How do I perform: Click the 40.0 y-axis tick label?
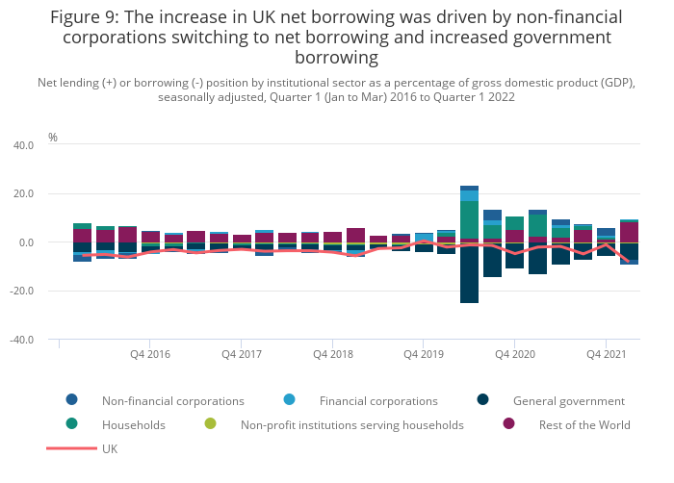pos(22,145)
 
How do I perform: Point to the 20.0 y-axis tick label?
pos(22,194)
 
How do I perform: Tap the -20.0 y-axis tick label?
pos(21,292)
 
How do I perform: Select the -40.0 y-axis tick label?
pos(21,341)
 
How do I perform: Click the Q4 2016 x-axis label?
pos(150,355)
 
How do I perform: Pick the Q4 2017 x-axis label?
pos(242,355)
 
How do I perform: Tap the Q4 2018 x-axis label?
pos(332,355)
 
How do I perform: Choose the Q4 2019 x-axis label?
pos(424,355)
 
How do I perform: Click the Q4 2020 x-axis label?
pos(515,355)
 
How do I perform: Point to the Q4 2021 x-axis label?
pos(607,355)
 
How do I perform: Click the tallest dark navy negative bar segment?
pos(469,274)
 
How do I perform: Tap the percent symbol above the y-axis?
pos(53,138)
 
